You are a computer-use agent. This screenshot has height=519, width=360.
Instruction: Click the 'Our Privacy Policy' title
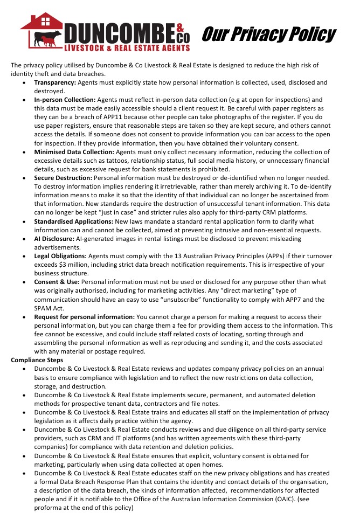coord(268,34)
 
